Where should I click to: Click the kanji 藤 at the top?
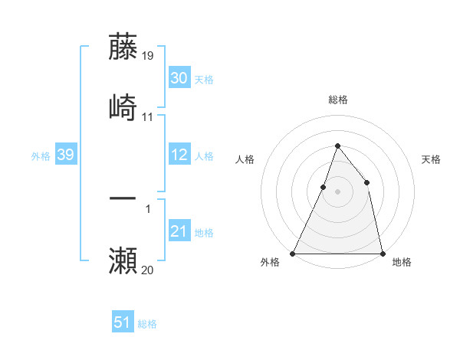coord(123,47)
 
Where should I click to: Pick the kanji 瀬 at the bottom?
coord(123,260)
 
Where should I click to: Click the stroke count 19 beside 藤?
coord(148,56)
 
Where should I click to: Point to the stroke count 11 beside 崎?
coord(148,117)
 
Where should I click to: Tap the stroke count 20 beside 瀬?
coord(148,270)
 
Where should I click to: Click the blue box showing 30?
coord(179,78)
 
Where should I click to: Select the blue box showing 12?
coord(179,155)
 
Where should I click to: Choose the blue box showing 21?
coord(179,231)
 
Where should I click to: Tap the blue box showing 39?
coord(65,155)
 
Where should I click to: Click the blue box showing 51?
coord(123,323)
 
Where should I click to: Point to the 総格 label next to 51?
coord(147,324)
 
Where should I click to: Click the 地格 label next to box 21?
coord(204,232)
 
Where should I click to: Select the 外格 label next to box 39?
coord(41,156)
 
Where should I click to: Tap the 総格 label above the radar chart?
coord(337,100)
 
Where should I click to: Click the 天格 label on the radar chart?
coord(432,159)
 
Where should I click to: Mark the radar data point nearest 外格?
coord(293,253)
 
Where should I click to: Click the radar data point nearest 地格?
coord(382,253)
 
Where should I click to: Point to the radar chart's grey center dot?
coord(337,191)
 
